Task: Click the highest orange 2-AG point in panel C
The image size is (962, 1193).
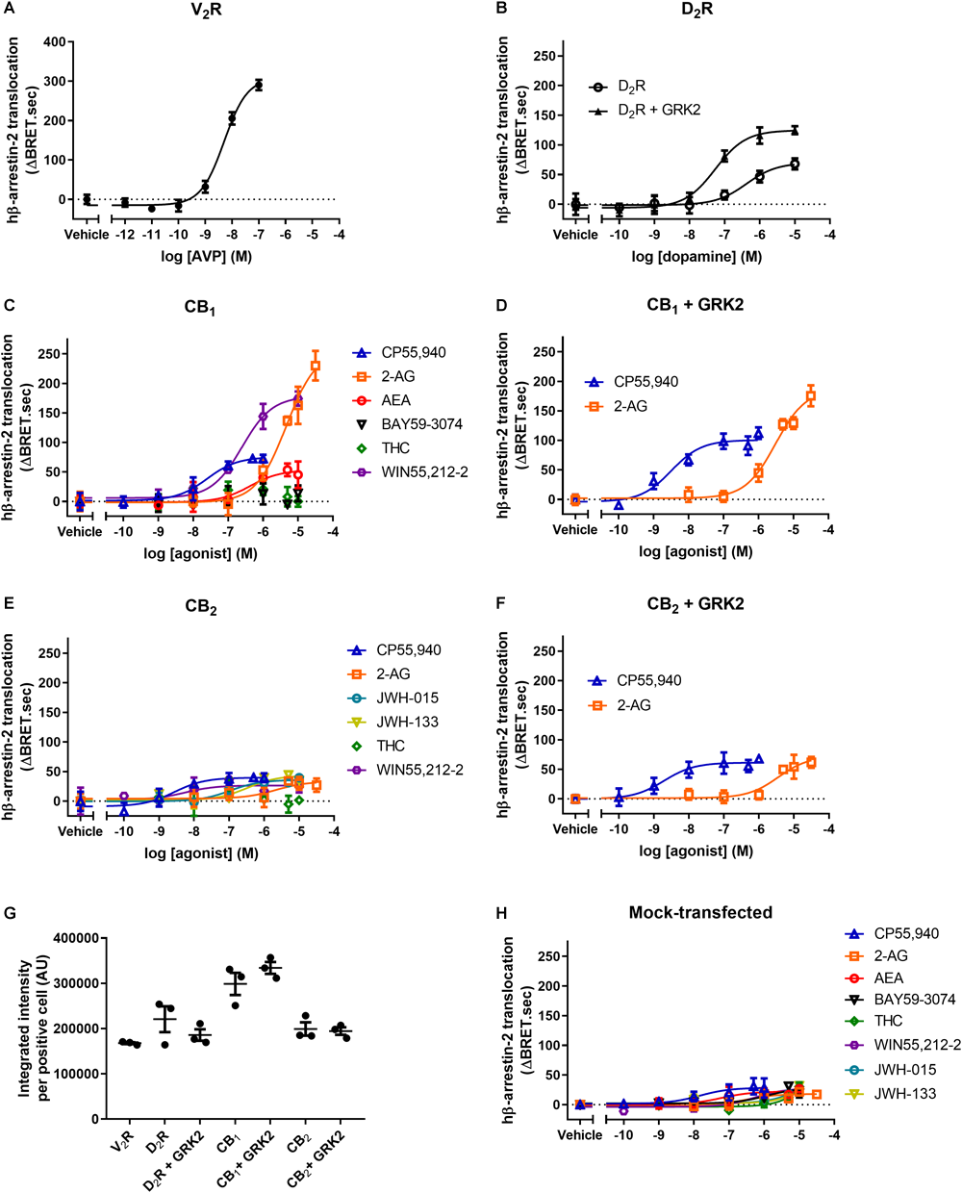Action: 316,366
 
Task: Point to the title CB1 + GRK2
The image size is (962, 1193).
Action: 695,305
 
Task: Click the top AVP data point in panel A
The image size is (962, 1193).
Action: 258,86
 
